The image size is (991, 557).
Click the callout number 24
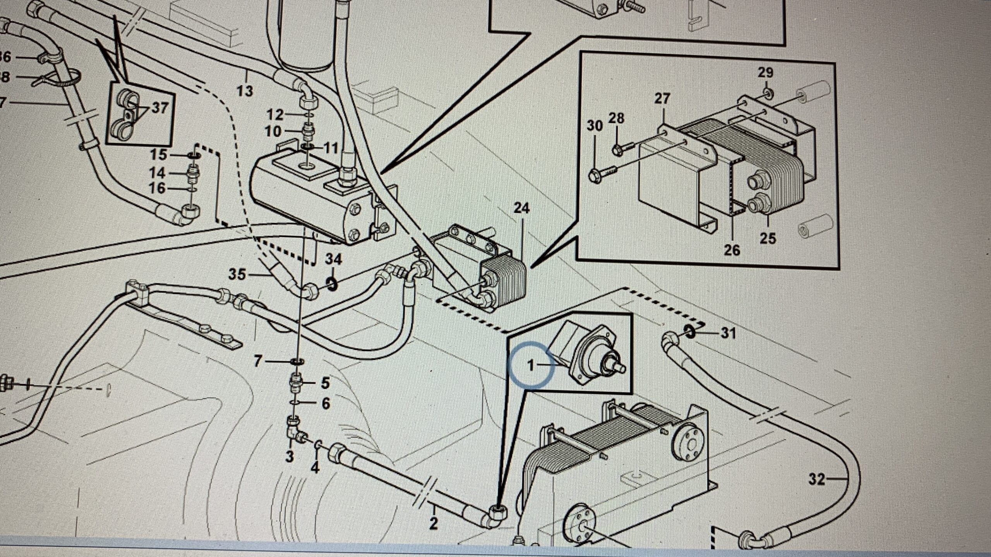click(521, 209)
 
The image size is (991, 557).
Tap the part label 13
click(245, 91)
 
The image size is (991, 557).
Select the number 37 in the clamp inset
click(159, 108)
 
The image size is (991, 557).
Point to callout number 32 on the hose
click(817, 480)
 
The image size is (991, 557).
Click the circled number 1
click(531, 365)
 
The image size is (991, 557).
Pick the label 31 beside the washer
click(728, 333)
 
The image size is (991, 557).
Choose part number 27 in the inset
click(662, 99)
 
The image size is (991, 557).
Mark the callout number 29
click(765, 73)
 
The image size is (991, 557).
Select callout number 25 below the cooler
click(768, 238)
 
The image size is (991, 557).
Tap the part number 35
click(237, 275)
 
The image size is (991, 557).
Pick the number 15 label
click(158, 155)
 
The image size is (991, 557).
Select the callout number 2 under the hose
click(433, 524)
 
